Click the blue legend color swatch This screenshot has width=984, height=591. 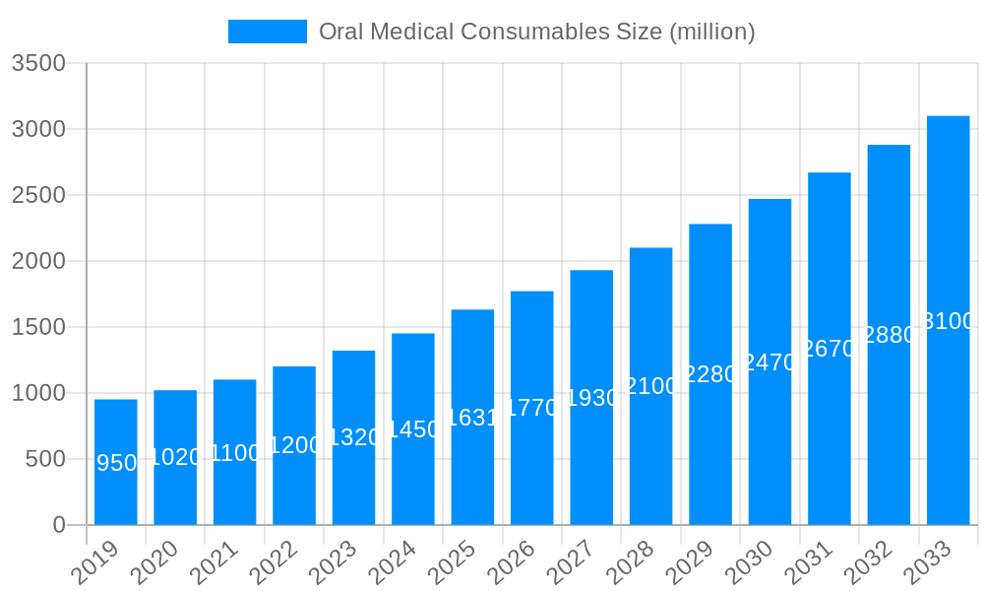point(268,32)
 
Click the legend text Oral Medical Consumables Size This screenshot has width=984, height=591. point(536,32)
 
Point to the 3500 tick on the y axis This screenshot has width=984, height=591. point(38,64)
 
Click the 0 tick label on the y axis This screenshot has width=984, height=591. point(59,525)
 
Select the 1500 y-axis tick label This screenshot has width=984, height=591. point(38,327)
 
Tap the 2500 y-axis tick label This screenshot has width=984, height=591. point(38,195)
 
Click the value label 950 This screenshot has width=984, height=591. point(117,463)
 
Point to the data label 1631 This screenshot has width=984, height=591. point(473,418)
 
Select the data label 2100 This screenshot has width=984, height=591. point(651,386)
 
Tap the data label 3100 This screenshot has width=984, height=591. point(949,321)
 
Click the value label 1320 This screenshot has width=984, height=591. point(354,437)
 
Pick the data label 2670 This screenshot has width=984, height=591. point(830,349)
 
